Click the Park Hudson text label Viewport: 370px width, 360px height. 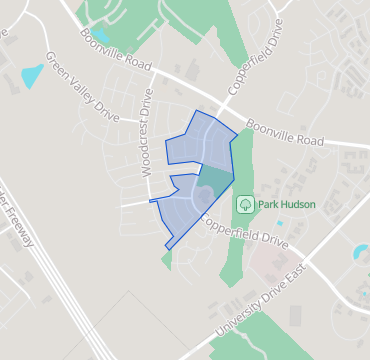pos(287,204)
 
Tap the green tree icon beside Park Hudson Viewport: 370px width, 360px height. pos(244,204)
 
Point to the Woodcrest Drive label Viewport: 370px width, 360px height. pos(147,134)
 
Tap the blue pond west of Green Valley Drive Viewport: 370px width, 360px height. pos(32,75)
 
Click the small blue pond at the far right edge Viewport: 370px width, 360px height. pos(361,252)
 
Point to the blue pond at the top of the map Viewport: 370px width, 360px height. pos(101,36)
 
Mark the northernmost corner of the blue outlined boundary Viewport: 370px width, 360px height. pos(200,111)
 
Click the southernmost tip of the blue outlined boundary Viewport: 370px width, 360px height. pos(167,248)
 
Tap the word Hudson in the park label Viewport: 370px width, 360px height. pos(298,204)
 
